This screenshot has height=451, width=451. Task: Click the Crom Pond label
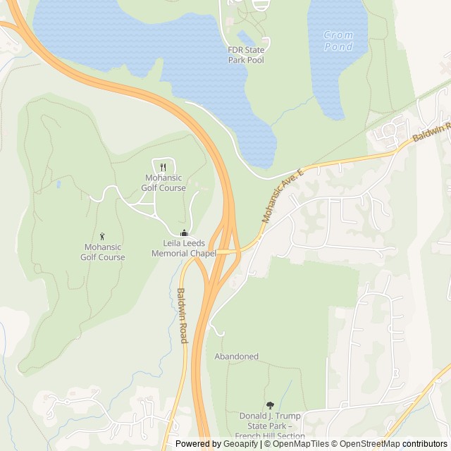(x=338, y=40)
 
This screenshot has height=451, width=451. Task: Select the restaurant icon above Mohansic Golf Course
(x=163, y=167)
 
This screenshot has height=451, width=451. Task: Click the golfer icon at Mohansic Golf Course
(x=102, y=235)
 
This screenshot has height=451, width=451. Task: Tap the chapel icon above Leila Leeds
(x=184, y=233)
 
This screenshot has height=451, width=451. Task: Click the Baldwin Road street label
(x=182, y=316)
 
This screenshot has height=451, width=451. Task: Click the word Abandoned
(x=236, y=357)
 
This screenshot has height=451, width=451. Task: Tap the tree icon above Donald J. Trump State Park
(x=270, y=405)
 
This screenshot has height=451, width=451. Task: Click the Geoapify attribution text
(x=217, y=444)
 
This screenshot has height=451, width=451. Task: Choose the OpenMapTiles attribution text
(x=297, y=444)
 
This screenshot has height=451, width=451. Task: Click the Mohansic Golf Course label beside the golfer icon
(x=103, y=252)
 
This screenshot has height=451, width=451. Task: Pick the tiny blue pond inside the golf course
(x=58, y=185)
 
